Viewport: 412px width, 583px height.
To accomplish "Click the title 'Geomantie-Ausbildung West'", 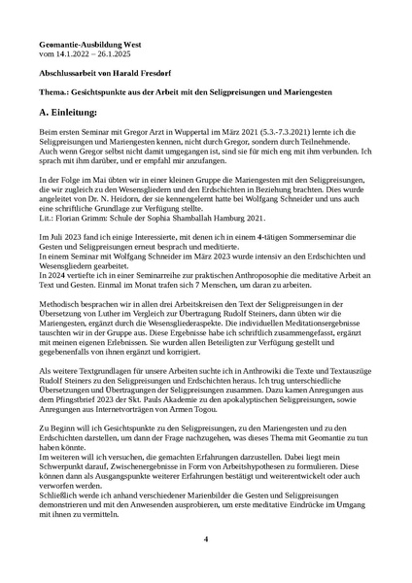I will tap(80, 45).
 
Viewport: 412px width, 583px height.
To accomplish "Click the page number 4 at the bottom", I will tap(206, 538).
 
